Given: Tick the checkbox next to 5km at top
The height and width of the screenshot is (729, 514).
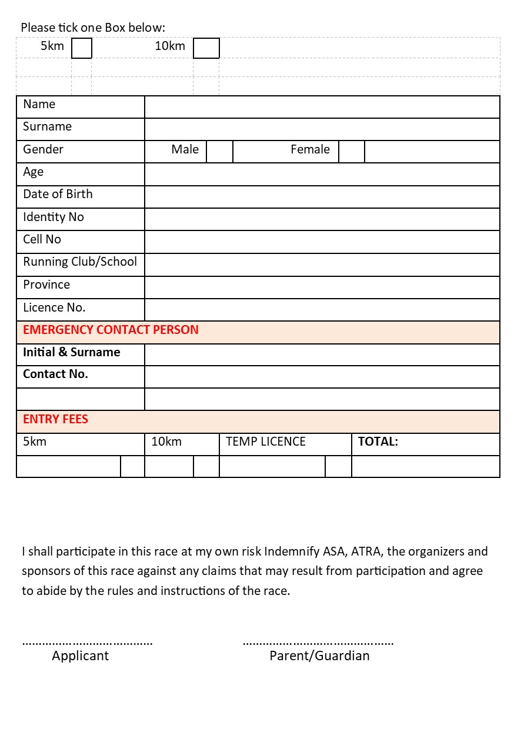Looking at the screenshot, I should point(82,48).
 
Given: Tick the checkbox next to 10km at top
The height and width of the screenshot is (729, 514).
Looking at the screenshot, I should point(206,48).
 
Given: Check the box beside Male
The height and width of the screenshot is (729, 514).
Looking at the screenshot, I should point(219,151).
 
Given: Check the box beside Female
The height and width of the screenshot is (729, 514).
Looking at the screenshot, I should point(352,151).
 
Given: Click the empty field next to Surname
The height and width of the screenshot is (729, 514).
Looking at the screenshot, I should point(322,129).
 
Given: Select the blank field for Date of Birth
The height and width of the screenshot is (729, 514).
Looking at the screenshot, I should point(322,196).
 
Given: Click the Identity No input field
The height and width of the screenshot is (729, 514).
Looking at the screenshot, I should point(322,219).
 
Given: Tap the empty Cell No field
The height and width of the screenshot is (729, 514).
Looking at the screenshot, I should point(322,242).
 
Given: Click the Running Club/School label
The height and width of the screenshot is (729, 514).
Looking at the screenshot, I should point(80,262).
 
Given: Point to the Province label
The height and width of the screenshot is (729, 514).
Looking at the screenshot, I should point(46,285).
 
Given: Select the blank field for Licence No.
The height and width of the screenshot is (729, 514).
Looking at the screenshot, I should point(322,309).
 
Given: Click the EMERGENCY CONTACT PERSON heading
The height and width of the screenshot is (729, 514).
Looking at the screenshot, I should point(111,330).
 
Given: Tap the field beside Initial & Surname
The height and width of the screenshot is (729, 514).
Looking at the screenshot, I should point(322,355).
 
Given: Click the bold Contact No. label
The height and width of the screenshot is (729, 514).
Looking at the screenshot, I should point(55,374).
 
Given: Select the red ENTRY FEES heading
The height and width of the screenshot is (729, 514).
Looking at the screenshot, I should point(55,419).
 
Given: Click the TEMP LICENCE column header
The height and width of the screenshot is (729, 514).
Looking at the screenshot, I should point(266,442).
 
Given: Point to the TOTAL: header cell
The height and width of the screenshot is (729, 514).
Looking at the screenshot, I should point(378,442).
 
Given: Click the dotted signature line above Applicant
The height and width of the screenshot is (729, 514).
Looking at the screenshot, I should point(87,643).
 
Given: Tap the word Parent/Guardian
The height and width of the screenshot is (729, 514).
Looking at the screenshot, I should point(319,656).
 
